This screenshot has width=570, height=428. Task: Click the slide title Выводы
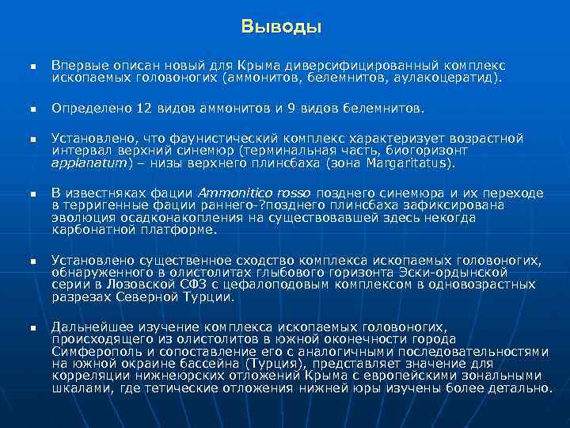point(282,27)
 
